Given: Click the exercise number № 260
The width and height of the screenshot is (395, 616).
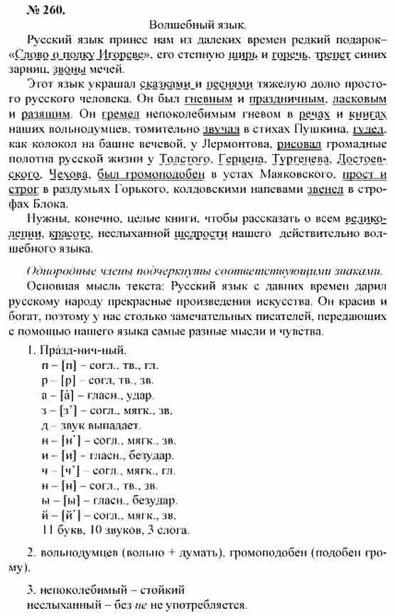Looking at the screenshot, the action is point(28,9).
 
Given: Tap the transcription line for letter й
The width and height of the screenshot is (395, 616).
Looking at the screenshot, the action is point(99,515).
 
